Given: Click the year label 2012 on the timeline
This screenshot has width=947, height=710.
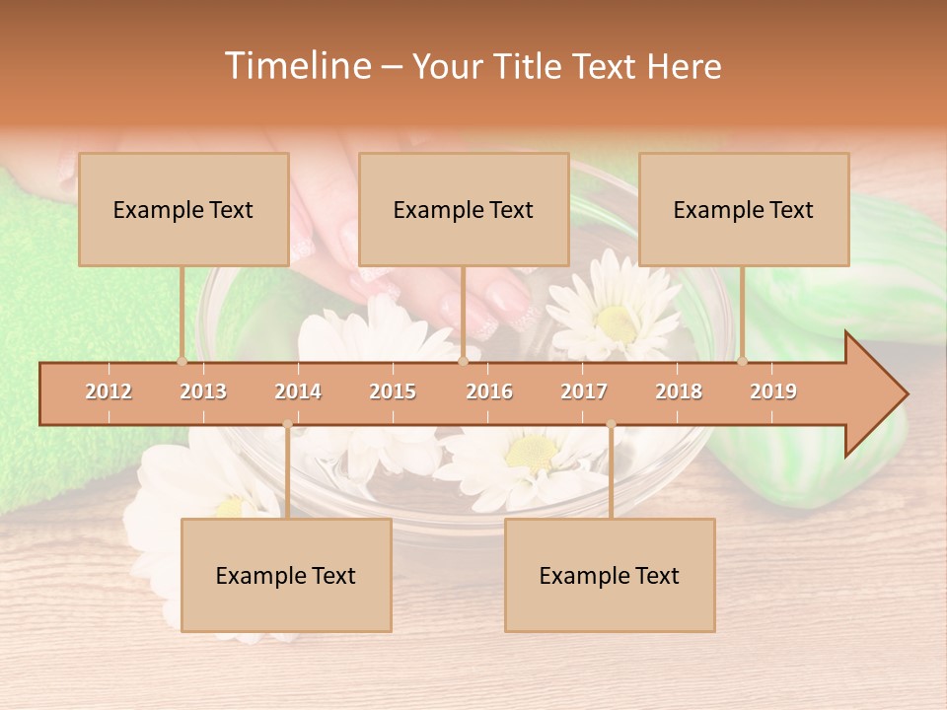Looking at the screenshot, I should [x=109, y=391].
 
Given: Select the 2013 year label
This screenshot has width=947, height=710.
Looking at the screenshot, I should [x=203, y=391].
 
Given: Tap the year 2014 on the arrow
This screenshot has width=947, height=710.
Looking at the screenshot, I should [x=298, y=391].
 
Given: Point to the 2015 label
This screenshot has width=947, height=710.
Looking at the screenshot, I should [x=393, y=391].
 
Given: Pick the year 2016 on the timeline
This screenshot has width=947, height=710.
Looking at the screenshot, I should [x=489, y=391].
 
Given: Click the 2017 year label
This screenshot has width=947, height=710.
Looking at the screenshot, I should [x=584, y=391].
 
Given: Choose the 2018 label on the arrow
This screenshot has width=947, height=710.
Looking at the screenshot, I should [x=679, y=391].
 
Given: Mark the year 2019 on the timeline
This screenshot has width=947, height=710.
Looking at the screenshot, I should [x=773, y=391].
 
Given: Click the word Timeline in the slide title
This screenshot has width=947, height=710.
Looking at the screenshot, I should [x=296, y=66].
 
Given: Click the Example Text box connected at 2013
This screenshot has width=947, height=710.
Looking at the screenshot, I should [x=183, y=209].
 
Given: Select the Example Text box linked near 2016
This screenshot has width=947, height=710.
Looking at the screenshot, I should [x=464, y=209].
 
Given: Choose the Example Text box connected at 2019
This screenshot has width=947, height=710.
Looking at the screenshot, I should [x=744, y=209].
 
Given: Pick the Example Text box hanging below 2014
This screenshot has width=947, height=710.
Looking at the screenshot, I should [x=286, y=575].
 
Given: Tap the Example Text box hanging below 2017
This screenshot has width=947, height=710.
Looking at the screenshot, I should [x=610, y=575].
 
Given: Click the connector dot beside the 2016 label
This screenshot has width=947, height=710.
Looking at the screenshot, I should [x=464, y=361].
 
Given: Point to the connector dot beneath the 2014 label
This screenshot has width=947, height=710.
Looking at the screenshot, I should [x=287, y=424].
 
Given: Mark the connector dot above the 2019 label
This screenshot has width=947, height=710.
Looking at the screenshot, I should [x=743, y=361].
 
